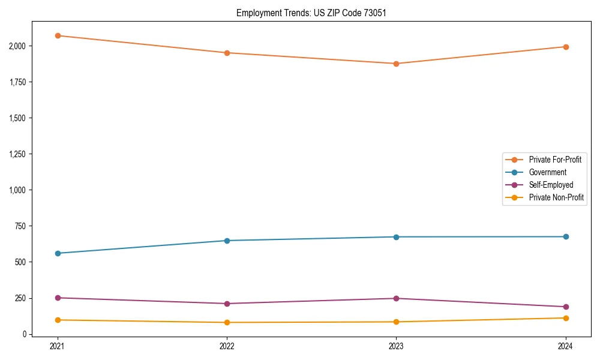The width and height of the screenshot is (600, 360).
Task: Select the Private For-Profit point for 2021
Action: point(58,36)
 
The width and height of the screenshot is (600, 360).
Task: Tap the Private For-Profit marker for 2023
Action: point(396,64)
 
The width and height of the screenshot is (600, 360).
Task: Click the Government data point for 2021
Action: point(58,253)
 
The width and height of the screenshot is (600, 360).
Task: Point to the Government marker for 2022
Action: point(227,241)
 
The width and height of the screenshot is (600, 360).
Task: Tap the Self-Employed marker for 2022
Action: point(227,304)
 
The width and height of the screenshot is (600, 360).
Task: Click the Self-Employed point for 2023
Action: point(396,298)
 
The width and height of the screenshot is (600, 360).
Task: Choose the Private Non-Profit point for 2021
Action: point(58,320)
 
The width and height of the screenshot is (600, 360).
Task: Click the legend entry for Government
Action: point(547,172)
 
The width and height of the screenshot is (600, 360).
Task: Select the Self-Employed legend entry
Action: point(551,185)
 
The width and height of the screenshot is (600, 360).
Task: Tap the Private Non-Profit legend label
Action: point(556,197)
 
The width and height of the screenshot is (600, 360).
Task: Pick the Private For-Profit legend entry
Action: point(555,160)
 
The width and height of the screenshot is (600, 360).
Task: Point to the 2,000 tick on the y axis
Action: point(17,46)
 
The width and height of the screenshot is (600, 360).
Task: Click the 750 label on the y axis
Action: point(20,226)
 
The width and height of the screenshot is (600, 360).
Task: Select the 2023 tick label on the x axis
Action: point(396,346)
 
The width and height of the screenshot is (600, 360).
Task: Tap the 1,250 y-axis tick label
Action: point(17,154)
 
